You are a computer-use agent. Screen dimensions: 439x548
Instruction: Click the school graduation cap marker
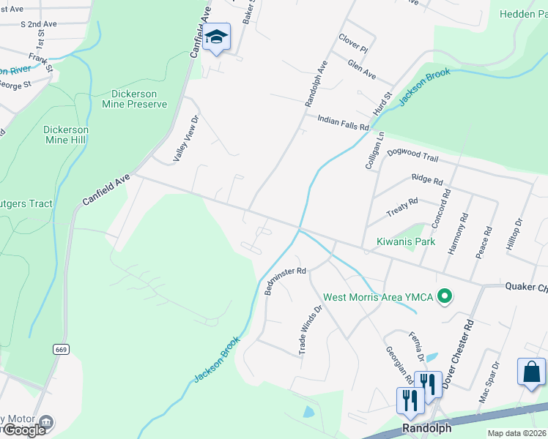pyautogui.click(x=217, y=37)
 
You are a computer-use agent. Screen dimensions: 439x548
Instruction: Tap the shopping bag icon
pyautogui.click(x=530, y=372)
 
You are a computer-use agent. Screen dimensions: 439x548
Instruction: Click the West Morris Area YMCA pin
pyautogui.click(x=443, y=297)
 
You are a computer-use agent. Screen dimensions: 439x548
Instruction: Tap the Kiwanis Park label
pyautogui.click(x=406, y=241)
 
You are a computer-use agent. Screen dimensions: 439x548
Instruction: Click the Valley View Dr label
pyautogui.click(x=185, y=139)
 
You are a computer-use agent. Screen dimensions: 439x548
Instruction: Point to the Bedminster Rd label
pyautogui.click(x=284, y=279)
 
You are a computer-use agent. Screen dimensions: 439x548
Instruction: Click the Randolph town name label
pyautogui.click(x=426, y=427)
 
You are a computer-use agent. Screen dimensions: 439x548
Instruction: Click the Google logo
pyautogui.click(x=23, y=430)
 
